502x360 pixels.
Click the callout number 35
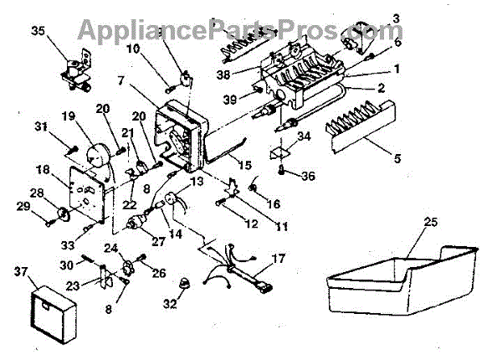tap(38, 33)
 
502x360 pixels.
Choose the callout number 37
tap(22, 270)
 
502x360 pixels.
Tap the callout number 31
tap(39, 126)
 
